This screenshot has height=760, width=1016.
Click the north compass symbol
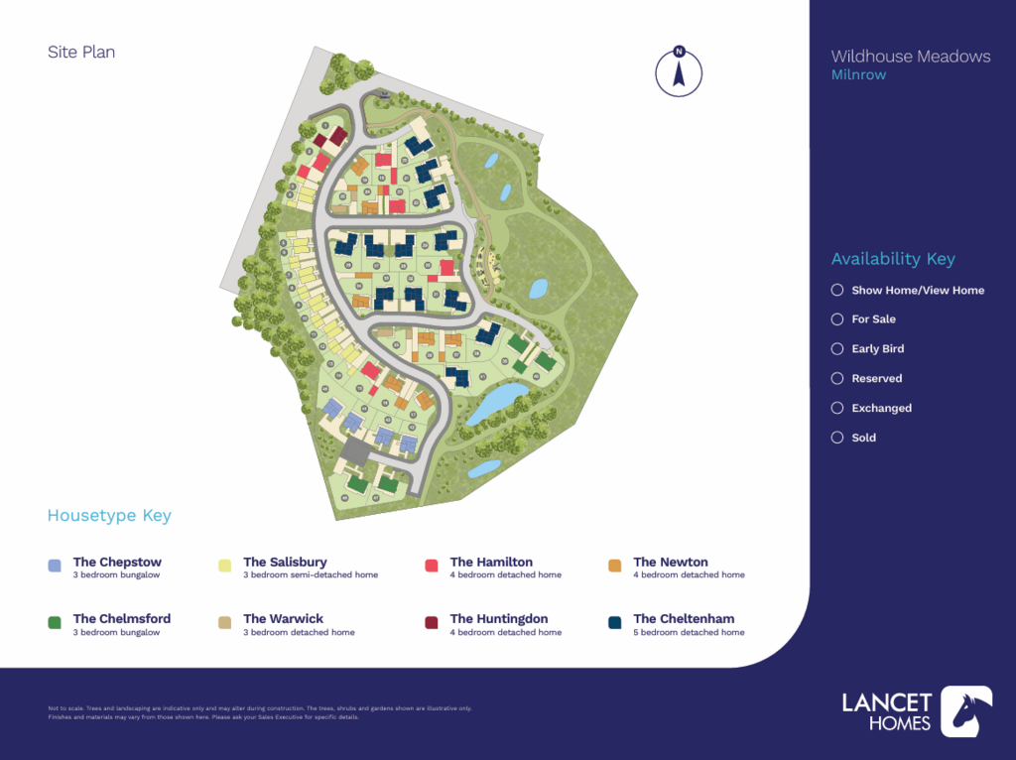pos(679,72)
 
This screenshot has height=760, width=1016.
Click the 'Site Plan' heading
pos(81,52)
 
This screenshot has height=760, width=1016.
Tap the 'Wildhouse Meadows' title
pos(910,57)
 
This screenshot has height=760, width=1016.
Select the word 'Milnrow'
pos(858,75)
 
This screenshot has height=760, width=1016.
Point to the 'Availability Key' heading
pos(893,259)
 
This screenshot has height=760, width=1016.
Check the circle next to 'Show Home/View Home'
pos(837,290)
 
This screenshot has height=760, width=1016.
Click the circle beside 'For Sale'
pos(837,319)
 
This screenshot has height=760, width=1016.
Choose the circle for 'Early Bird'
pos(837,349)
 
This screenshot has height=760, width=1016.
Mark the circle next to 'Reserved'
pos(837,379)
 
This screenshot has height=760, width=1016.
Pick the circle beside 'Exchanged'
pos(837,408)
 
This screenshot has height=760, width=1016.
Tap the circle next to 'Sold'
pos(837,438)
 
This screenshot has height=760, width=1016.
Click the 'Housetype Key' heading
pos(109,516)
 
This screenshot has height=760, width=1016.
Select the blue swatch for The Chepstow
pos(56,566)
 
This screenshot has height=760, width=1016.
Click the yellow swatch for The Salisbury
pos(224,566)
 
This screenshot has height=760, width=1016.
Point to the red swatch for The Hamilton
pos(432,566)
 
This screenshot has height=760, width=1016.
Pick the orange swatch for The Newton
pos(614,566)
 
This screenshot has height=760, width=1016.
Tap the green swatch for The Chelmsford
pos(56,622)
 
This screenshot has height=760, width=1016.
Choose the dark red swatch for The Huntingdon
pos(432,622)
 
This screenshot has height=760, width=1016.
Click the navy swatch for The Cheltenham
pos(614,622)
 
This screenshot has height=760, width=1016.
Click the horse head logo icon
pos(965,711)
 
